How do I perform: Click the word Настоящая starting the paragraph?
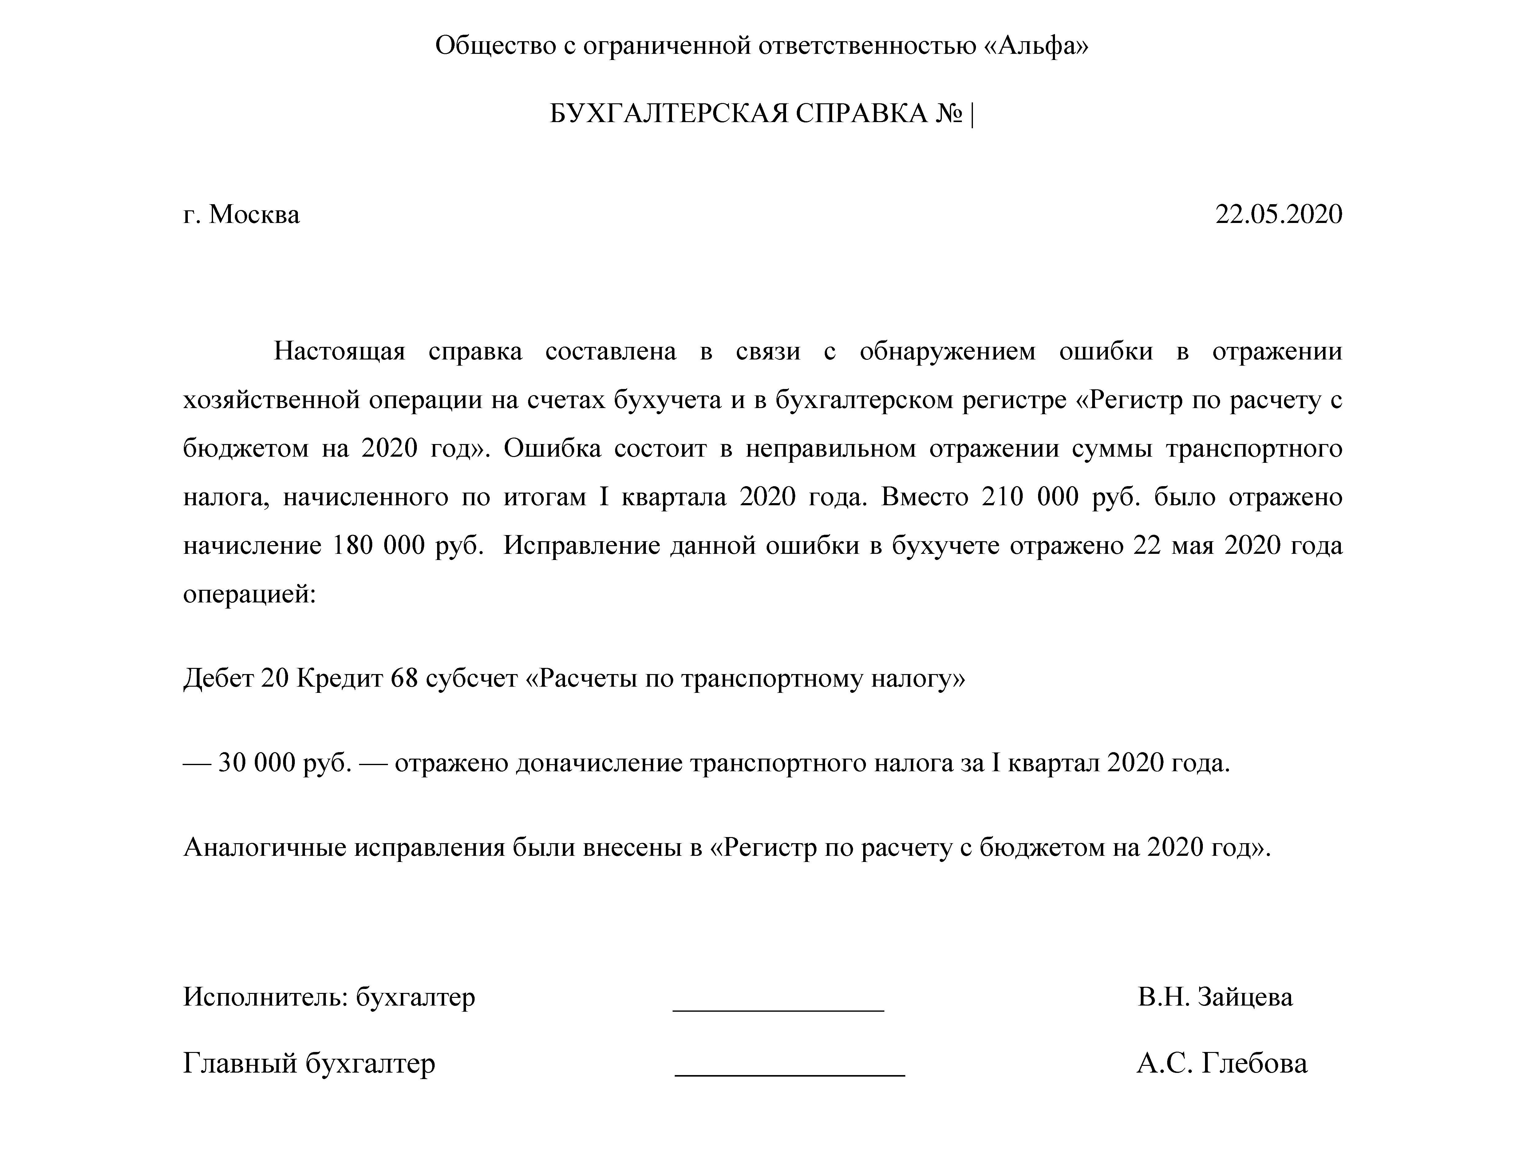(x=339, y=351)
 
